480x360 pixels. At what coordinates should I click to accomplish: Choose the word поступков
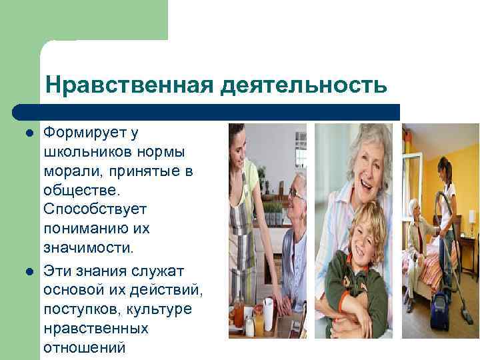[75, 310]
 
